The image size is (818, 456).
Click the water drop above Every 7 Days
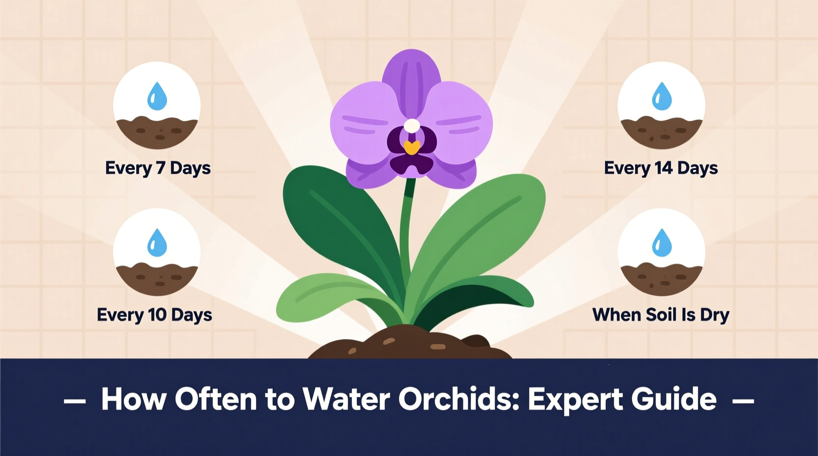(x=157, y=96)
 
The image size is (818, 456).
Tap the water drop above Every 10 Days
(x=157, y=243)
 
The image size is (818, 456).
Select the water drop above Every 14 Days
(x=662, y=96)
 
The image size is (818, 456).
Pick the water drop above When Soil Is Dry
(x=662, y=243)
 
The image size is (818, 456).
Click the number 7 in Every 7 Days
(x=160, y=168)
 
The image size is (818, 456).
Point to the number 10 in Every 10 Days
(x=157, y=314)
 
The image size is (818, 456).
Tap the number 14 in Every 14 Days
(x=664, y=168)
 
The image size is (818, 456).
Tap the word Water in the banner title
(x=346, y=399)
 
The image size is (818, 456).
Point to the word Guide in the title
(x=674, y=399)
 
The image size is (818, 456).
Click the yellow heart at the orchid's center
(x=412, y=147)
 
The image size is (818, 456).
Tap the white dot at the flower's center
(x=412, y=126)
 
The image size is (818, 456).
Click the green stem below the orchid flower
(x=406, y=231)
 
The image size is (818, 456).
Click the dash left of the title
(x=75, y=401)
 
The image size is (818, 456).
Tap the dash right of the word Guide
(x=743, y=401)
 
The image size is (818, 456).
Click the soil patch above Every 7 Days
(x=157, y=131)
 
